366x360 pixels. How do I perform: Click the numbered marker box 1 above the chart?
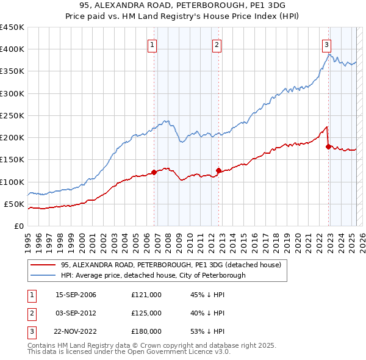151,44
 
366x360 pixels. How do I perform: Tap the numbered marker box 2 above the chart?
217,44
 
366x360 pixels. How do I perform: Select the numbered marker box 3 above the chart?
326,44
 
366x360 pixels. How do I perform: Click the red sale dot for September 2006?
154,172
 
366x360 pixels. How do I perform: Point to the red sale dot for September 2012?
218,170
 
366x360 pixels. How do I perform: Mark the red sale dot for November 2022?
328,146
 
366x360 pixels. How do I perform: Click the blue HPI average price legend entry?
152,275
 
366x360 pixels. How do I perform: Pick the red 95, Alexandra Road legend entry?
170,265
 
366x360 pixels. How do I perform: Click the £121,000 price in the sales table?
146,295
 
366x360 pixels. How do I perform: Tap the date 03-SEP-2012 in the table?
76,313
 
